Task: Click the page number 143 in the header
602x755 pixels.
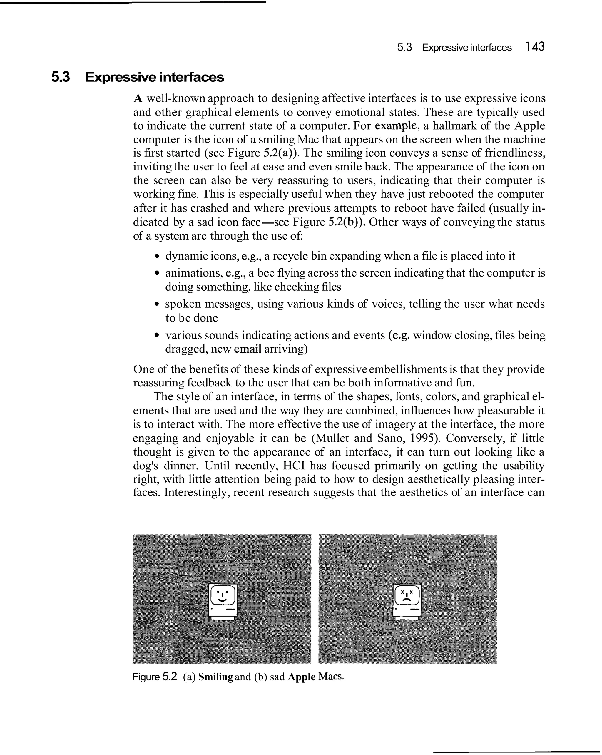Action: tap(535, 46)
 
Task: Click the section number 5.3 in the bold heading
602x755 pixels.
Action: tap(61, 77)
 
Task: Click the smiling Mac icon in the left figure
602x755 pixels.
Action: tap(223, 602)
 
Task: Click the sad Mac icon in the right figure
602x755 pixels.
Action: tap(407, 602)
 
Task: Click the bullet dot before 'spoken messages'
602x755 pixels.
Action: tap(157, 304)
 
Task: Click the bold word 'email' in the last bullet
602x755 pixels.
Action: tap(248, 349)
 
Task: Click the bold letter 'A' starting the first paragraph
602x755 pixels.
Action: tap(138, 99)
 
